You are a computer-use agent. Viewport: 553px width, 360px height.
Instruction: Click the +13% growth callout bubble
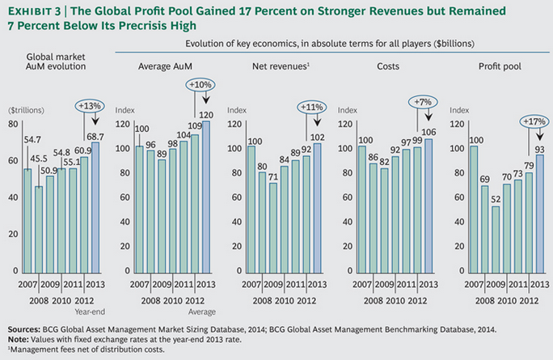90,106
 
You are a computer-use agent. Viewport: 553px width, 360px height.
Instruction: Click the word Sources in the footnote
25,330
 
